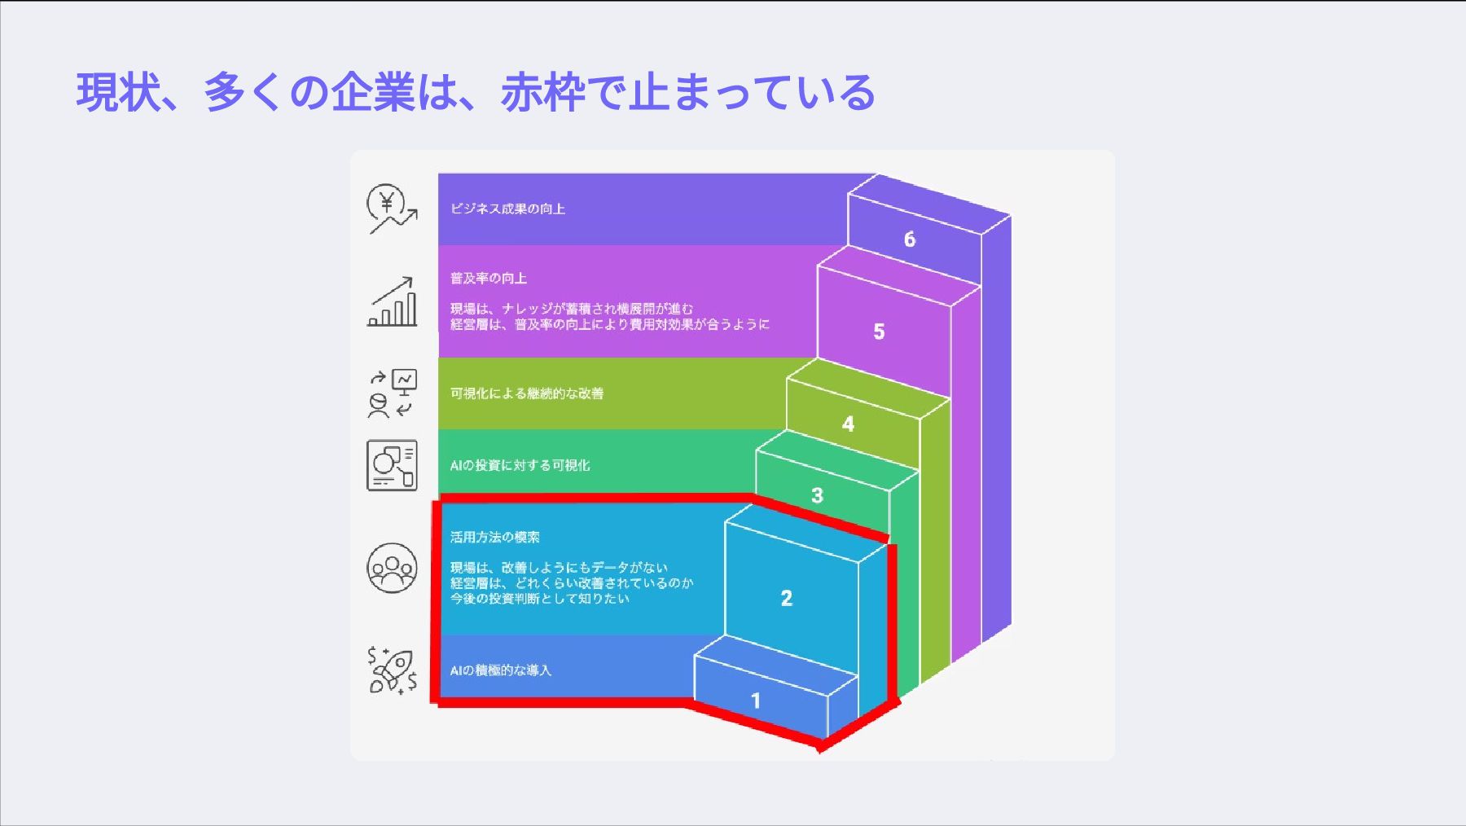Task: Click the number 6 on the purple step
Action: click(x=910, y=239)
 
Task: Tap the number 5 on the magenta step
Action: click(x=879, y=332)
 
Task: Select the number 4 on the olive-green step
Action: click(x=848, y=424)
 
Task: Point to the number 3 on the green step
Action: click(x=817, y=495)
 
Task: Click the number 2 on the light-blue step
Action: click(x=786, y=599)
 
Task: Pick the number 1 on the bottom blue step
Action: click(x=756, y=701)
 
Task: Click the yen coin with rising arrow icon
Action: click(x=392, y=209)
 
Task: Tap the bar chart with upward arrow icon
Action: click(x=393, y=302)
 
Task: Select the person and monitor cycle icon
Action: click(x=393, y=393)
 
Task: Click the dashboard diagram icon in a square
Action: click(x=392, y=465)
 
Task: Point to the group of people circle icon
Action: click(x=392, y=568)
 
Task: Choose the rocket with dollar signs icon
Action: click(x=393, y=670)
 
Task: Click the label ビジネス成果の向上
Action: click(x=507, y=209)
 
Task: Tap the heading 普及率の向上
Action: click(x=489, y=279)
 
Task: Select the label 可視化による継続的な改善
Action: click(x=527, y=393)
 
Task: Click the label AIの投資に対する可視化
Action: click(x=520, y=465)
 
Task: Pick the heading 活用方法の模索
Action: click(x=494, y=538)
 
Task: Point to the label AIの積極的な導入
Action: click(x=500, y=670)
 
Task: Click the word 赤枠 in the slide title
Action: click(x=542, y=92)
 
